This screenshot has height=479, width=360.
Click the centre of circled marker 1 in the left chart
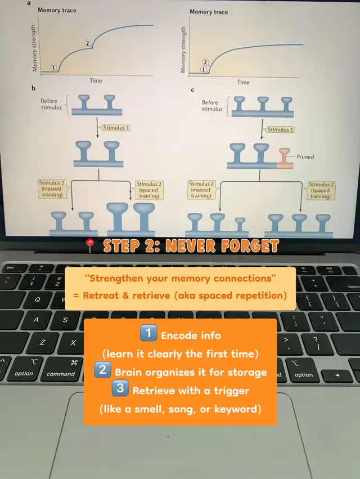tap(53, 67)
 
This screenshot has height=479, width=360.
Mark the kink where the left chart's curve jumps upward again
tap(92, 46)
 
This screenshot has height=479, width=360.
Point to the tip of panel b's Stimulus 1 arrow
tap(97, 137)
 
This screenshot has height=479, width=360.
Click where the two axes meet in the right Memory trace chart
tap(189, 77)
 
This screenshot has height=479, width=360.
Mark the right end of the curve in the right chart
tap(303, 44)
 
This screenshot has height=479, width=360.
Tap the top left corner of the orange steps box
tap(84, 319)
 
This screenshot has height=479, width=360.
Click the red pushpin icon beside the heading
tap(90, 245)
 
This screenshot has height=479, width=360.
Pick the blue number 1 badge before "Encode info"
tap(148, 333)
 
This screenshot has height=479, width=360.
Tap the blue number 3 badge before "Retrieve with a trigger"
tap(120, 388)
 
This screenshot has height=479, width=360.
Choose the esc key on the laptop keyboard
tap(11, 268)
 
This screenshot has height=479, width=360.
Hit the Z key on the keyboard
tap(42, 342)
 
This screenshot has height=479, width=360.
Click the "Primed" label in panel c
tap(305, 156)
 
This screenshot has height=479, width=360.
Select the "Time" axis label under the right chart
tap(243, 82)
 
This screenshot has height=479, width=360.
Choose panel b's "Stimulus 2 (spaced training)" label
tap(148, 190)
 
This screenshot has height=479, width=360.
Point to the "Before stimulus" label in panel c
tap(212, 106)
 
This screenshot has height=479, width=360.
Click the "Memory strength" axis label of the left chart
tap(34, 48)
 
